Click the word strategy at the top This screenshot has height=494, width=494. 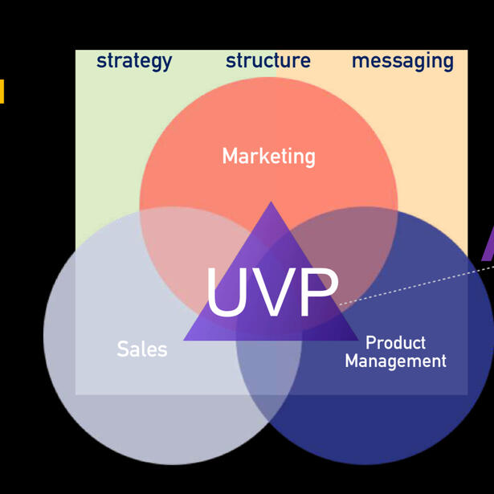(134, 61)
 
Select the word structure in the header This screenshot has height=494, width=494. (268, 61)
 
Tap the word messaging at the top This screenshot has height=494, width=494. (402, 62)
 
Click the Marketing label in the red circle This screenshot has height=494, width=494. (268, 156)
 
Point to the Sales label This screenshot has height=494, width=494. (142, 349)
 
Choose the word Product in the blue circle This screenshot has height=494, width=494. (395, 343)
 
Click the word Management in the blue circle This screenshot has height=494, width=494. (395, 361)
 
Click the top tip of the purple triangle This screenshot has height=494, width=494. (271, 204)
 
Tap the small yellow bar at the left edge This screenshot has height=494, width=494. (2, 91)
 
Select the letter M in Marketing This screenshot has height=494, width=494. (230, 156)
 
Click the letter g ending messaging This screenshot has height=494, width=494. (447, 63)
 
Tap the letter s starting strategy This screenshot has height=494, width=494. (101, 62)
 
